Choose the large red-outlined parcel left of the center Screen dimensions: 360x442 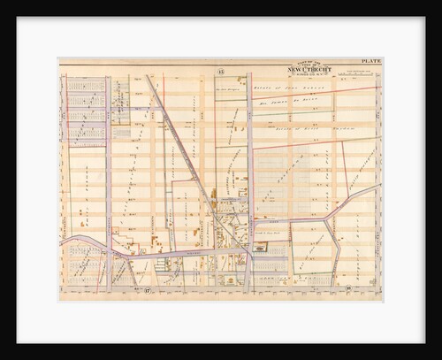187,212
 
